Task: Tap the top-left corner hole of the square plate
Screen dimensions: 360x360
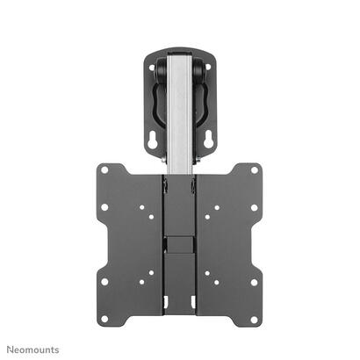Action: pyautogui.click(x=104, y=170)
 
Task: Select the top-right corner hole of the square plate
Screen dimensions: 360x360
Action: pyautogui.click(x=255, y=170)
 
